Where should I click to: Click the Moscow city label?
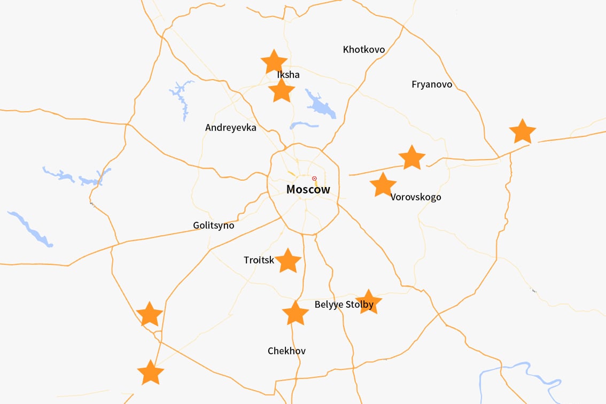click(308, 189)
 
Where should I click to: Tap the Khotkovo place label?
click(363, 50)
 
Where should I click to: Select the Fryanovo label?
click(432, 84)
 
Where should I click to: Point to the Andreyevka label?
click(231, 128)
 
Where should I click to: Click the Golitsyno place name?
click(214, 226)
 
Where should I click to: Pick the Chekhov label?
click(286, 351)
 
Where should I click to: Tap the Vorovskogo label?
click(416, 197)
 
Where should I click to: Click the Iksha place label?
click(288, 75)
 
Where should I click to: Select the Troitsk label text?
click(259, 260)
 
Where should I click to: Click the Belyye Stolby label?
click(344, 305)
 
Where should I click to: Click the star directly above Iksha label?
click(274, 62)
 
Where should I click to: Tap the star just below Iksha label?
click(282, 91)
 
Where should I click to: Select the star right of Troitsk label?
click(288, 260)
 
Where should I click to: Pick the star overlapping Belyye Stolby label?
click(368, 302)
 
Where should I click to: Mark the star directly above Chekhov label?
click(295, 313)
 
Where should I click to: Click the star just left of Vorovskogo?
click(383, 185)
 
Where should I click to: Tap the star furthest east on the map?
click(522, 131)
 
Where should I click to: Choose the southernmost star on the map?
click(150, 372)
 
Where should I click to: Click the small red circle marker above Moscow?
click(314, 178)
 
